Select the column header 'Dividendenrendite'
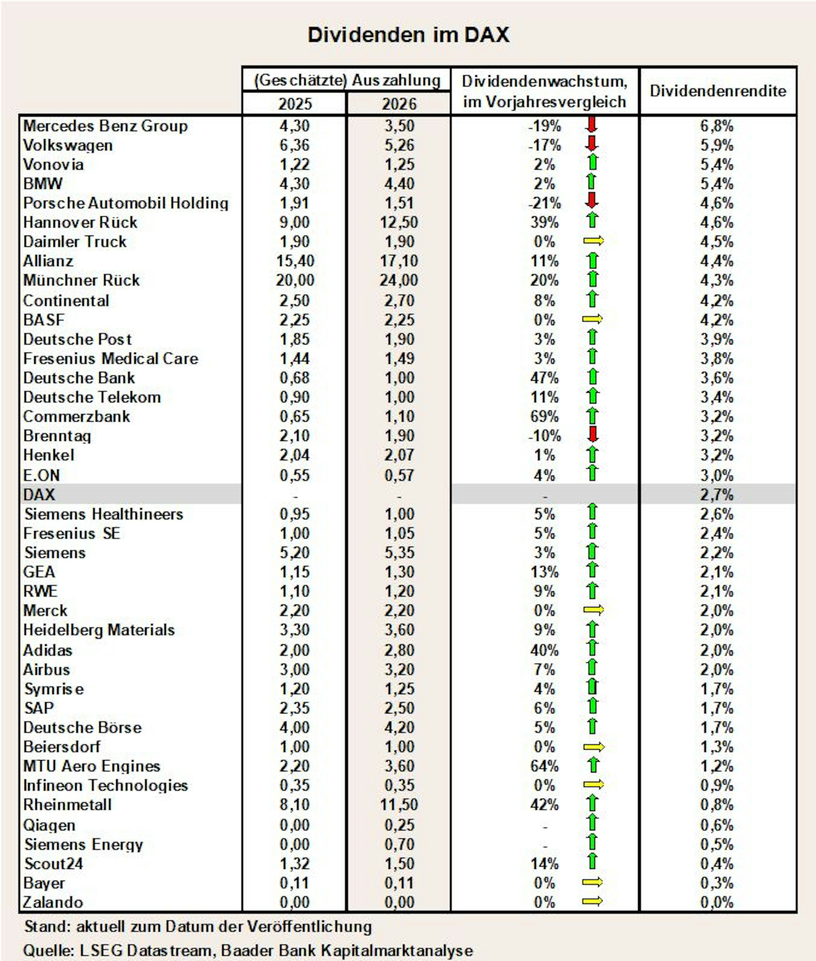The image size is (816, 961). point(717,91)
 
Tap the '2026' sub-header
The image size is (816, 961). point(399,104)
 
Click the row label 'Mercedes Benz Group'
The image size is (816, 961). point(105,126)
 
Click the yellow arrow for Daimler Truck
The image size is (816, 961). point(593,241)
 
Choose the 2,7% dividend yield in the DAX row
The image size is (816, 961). point(717,495)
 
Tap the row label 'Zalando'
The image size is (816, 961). point(53,902)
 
